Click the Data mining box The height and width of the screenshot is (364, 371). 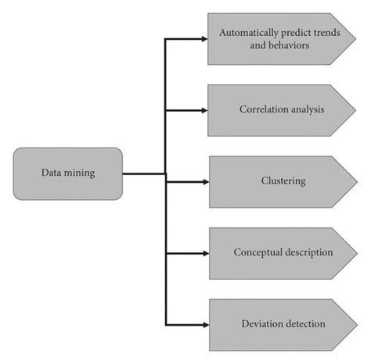68,173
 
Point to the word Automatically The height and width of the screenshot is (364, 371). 247,34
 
